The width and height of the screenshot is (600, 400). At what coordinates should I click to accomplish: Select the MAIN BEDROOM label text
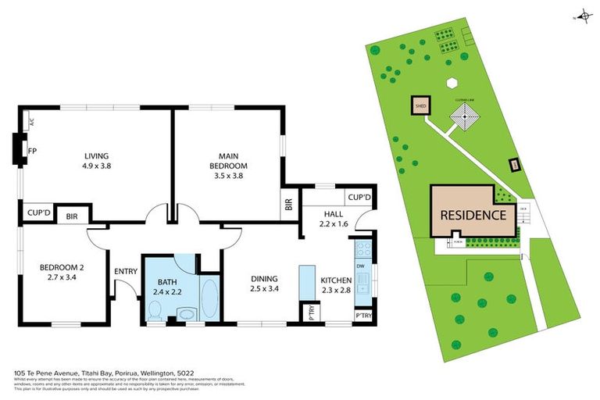[228, 160]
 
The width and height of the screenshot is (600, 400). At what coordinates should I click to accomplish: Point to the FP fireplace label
[32, 151]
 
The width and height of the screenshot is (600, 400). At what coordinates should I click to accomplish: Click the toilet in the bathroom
[154, 312]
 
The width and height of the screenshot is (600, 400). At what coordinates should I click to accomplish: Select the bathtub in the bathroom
[209, 298]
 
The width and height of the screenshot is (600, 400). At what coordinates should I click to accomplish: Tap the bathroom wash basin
[186, 315]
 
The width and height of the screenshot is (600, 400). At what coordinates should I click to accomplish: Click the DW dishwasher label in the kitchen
[361, 266]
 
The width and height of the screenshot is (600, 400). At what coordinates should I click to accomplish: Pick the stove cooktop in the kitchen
[363, 249]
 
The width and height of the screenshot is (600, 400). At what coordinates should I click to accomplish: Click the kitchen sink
[363, 295]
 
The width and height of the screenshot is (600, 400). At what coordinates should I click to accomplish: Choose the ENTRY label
[125, 271]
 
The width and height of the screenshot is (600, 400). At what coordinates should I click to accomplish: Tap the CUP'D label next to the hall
[359, 197]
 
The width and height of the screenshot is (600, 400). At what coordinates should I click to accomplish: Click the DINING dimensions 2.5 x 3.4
[265, 288]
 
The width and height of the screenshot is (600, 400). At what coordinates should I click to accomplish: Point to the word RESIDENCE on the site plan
[473, 215]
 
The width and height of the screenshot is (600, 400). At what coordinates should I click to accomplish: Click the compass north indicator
[582, 16]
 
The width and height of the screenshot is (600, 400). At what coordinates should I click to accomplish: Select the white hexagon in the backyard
[451, 82]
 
